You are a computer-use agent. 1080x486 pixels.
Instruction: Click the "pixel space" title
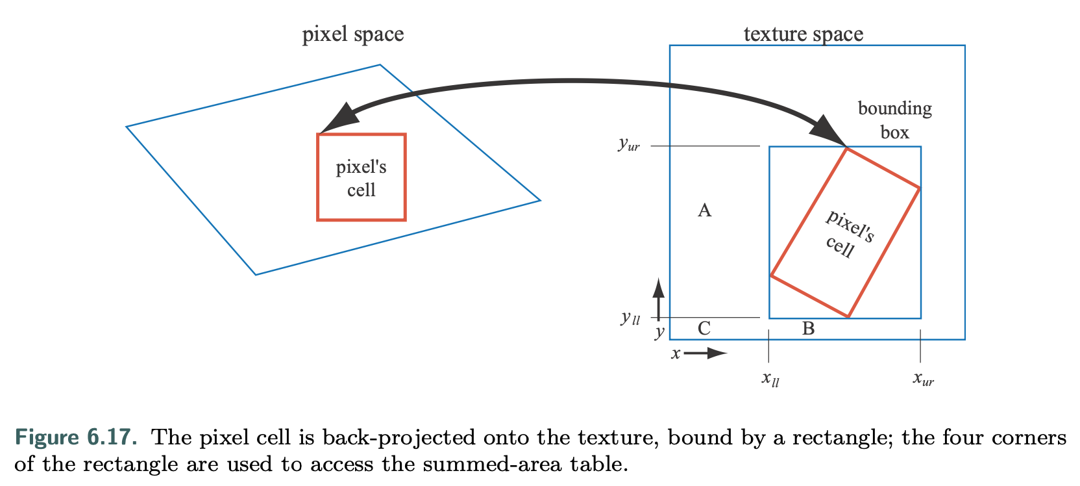tap(353, 34)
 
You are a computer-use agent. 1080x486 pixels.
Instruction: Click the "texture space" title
tap(804, 34)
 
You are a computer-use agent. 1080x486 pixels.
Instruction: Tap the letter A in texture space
tap(704, 211)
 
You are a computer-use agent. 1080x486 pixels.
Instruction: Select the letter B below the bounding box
tap(809, 329)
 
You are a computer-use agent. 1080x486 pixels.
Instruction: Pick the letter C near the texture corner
tap(704, 329)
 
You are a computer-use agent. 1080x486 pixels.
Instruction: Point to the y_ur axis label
tap(629, 144)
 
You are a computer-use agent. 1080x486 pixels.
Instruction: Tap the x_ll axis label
tap(770, 379)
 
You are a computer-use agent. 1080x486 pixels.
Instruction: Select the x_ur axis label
tap(923, 378)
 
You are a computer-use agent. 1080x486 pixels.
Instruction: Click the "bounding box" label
tap(895, 120)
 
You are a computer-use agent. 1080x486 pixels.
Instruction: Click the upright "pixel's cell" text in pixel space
tap(361, 179)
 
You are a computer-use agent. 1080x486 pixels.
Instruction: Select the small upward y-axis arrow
tap(659, 300)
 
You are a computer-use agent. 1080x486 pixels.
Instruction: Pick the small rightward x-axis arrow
tap(706, 353)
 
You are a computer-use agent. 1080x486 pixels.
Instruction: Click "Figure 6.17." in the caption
tap(76, 438)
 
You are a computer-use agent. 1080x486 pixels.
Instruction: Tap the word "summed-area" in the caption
tap(492, 465)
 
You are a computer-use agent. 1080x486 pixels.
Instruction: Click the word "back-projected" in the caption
tap(399, 439)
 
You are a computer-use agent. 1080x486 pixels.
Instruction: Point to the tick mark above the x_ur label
tap(920, 346)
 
